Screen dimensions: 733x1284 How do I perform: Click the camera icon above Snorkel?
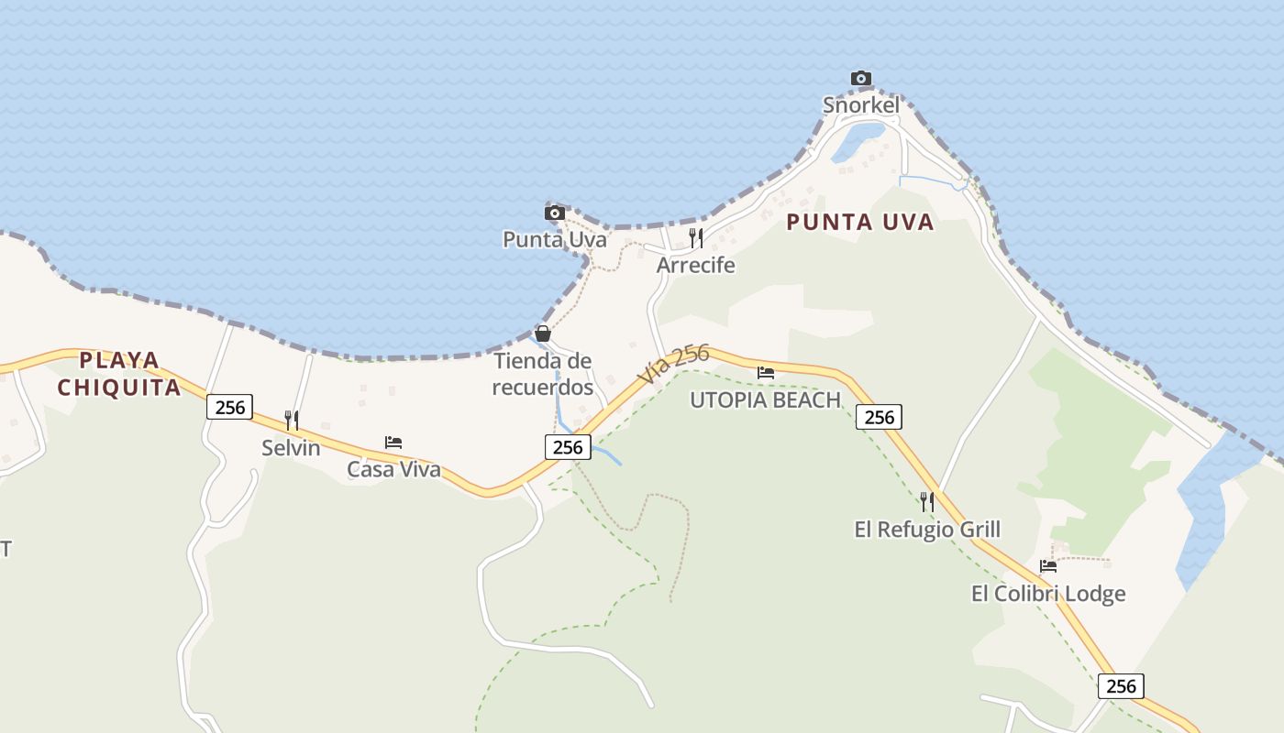click(x=860, y=79)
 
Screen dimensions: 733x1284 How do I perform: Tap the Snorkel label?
click(x=860, y=105)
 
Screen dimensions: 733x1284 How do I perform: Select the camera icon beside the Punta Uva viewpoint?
click(x=554, y=213)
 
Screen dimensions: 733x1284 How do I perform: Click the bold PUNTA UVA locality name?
click(x=860, y=222)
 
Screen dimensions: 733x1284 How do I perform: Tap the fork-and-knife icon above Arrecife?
click(x=696, y=238)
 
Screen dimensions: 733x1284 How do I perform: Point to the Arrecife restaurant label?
click(x=696, y=265)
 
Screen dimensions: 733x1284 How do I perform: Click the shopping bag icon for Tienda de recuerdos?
click(x=543, y=333)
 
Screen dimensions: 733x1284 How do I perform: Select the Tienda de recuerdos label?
click(x=543, y=374)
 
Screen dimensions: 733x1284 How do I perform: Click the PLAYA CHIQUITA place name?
click(x=119, y=374)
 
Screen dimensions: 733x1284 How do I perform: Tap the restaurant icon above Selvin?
click(x=291, y=421)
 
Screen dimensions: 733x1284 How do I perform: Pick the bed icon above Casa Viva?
click(x=393, y=443)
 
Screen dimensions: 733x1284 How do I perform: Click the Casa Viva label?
click(x=393, y=470)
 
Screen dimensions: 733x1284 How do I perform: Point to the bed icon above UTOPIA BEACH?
click(x=766, y=373)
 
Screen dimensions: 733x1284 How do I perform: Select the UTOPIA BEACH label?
click(x=766, y=400)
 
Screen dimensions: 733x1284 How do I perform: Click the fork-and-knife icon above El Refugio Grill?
click(x=927, y=502)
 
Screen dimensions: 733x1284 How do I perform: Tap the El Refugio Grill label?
click(x=927, y=530)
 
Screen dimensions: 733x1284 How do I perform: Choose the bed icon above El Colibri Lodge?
click(x=1048, y=566)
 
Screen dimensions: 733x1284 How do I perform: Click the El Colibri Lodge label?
click(x=1048, y=594)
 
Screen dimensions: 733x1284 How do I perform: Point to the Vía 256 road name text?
click(x=674, y=365)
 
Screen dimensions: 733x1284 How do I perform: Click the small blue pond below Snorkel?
click(x=858, y=142)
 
